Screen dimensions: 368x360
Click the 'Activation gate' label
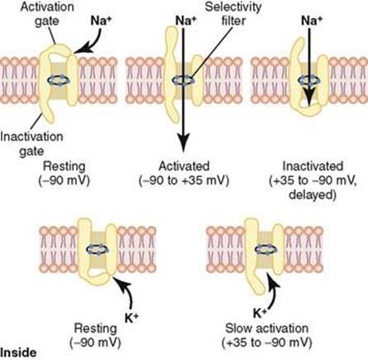click(47, 14)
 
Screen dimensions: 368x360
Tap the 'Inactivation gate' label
click(31, 143)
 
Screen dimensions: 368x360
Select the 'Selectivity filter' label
click(233, 14)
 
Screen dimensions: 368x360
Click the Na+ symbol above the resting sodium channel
click(101, 21)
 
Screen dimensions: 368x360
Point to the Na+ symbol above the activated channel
click(186, 21)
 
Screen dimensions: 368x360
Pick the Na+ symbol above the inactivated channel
click(312, 21)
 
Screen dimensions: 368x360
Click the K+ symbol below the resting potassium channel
click(131, 318)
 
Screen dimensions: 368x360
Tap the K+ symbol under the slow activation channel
click(260, 314)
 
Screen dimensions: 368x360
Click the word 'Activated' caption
click(184, 166)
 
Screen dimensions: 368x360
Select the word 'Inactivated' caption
click(313, 166)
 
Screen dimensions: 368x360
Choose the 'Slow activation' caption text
click(267, 329)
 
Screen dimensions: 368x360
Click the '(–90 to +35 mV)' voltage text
click(184, 180)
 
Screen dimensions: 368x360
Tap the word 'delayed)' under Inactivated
click(313, 194)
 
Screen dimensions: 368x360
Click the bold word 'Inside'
click(18, 353)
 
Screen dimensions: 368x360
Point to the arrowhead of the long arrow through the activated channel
click(183, 142)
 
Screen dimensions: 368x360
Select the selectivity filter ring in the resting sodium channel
click(59, 80)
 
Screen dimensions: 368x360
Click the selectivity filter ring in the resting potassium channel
click(98, 250)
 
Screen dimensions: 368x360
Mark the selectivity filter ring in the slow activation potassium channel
click(266, 250)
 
